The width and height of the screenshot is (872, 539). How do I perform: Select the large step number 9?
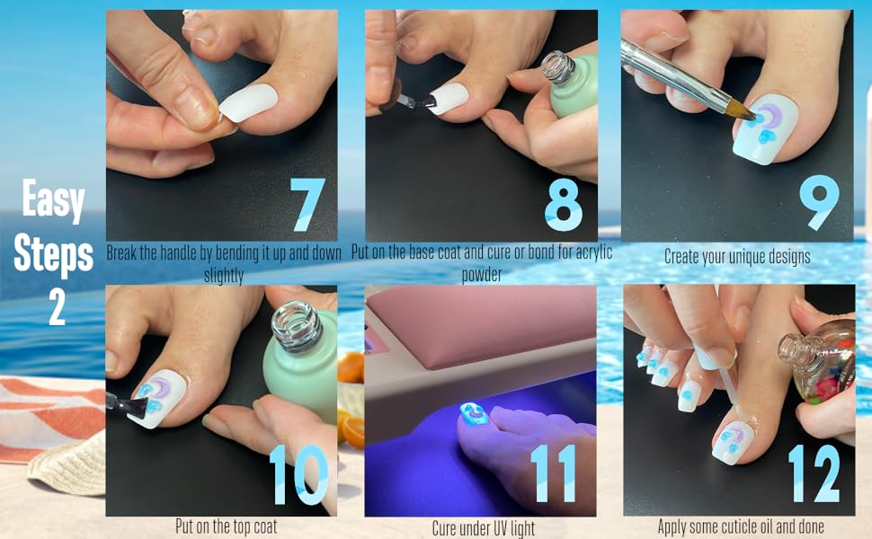point(820,205)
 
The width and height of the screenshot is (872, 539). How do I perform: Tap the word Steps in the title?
point(54,254)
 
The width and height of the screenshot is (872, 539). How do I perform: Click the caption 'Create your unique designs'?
point(737,256)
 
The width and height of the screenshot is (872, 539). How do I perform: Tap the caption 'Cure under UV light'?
point(483,527)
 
